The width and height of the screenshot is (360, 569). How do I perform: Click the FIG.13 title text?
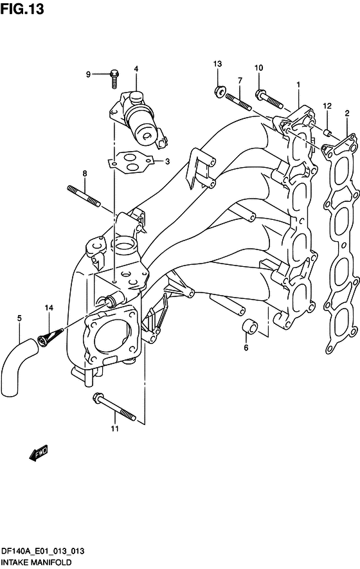pyautogui.click(x=22, y=9)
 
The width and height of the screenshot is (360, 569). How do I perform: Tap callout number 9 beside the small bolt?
pyautogui.click(x=88, y=75)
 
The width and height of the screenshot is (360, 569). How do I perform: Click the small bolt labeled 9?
pyautogui.click(x=114, y=78)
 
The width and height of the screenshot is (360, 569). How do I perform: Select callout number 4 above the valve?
pyautogui.click(x=136, y=69)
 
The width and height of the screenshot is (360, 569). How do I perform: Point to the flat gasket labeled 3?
pyautogui.click(x=130, y=161)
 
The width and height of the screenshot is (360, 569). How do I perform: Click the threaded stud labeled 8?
pyautogui.click(x=84, y=196)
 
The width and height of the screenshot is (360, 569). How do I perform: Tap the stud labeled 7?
pyautogui.click(x=239, y=102)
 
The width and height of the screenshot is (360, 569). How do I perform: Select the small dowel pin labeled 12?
pyautogui.click(x=328, y=133)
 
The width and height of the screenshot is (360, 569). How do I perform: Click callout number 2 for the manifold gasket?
pyautogui.click(x=347, y=113)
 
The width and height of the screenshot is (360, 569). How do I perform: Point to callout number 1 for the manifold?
pyautogui.click(x=298, y=85)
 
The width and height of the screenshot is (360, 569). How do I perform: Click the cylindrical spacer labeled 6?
pyautogui.click(x=249, y=326)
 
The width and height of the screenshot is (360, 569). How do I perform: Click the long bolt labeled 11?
pyautogui.click(x=114, y=406)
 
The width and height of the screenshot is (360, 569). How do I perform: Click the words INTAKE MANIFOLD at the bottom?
pyautogui.click(x=36, y=562)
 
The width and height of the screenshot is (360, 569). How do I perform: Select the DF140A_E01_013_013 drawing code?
pyautogui.click(x=43, y=551)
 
